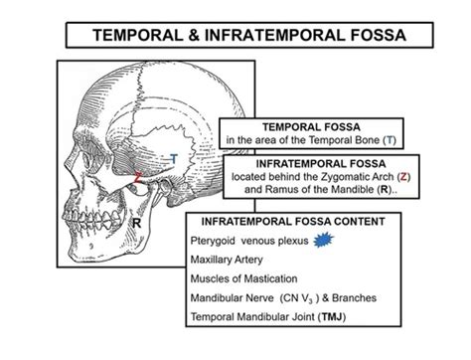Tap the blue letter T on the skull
coord(175,159)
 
